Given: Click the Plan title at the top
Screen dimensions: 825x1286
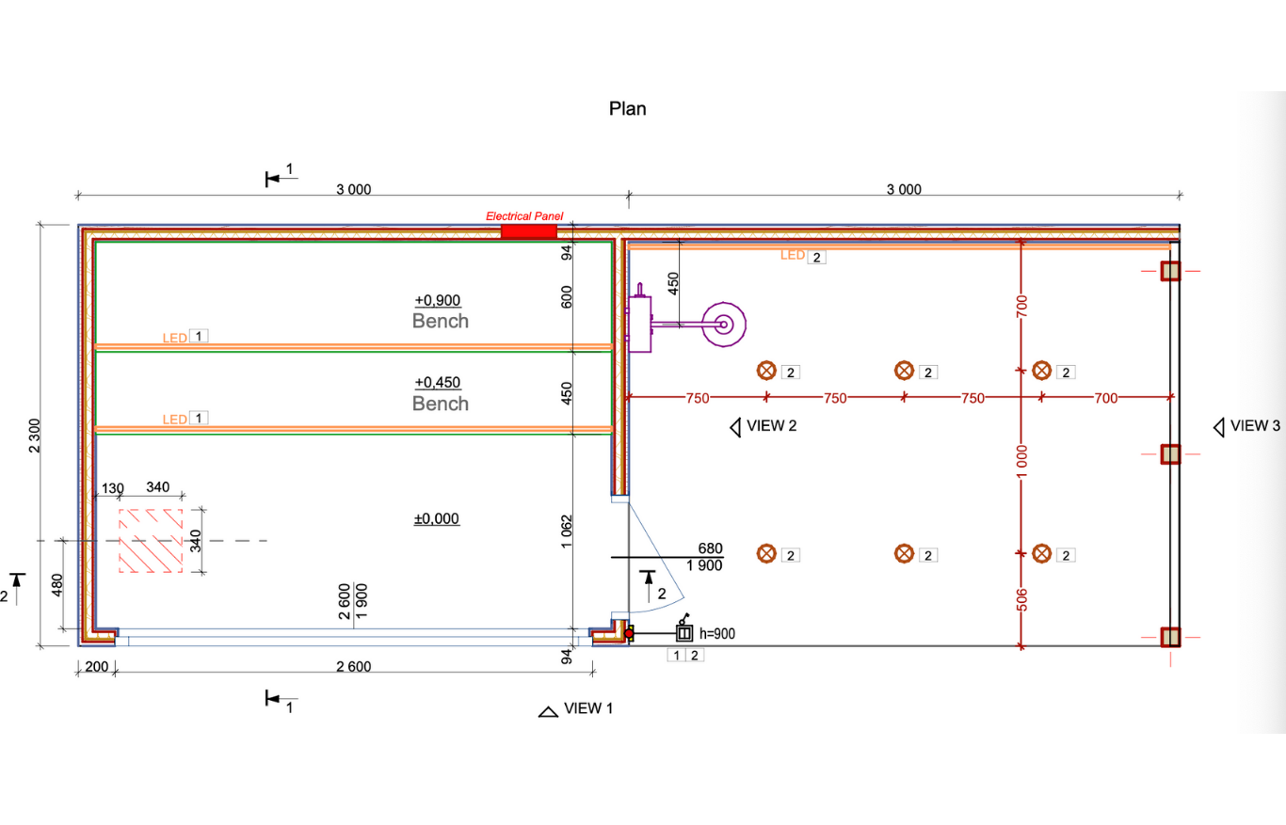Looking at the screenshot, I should coord(628,108).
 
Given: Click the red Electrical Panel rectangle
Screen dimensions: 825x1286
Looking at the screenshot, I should coord(528,231).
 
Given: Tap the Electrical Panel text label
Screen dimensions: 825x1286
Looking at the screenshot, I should coord(523,216).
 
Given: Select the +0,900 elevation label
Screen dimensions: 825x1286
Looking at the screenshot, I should coord(437,300).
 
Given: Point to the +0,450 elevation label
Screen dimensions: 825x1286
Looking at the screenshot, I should coord(437,383).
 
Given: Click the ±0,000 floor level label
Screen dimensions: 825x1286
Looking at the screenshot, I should coord(437,518).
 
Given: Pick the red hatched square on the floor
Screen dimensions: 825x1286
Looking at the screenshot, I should coord(150,541).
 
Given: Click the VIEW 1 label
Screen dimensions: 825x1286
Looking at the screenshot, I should coord(587,708).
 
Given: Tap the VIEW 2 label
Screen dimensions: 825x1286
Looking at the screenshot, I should coord(771,426).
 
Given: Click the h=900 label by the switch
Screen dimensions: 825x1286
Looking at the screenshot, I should coord(716,634).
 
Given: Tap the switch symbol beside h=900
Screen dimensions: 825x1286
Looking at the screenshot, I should coord(684,633).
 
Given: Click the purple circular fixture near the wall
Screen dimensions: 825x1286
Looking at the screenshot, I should coord(723,325).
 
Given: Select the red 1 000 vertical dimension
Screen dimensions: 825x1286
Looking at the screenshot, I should coord(1021,463).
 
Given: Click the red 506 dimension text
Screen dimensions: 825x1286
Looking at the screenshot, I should coord(1021,599).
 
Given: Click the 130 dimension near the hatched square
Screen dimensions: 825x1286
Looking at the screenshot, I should coord(112,487).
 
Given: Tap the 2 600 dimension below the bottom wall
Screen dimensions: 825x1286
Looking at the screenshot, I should coord(353,667).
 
